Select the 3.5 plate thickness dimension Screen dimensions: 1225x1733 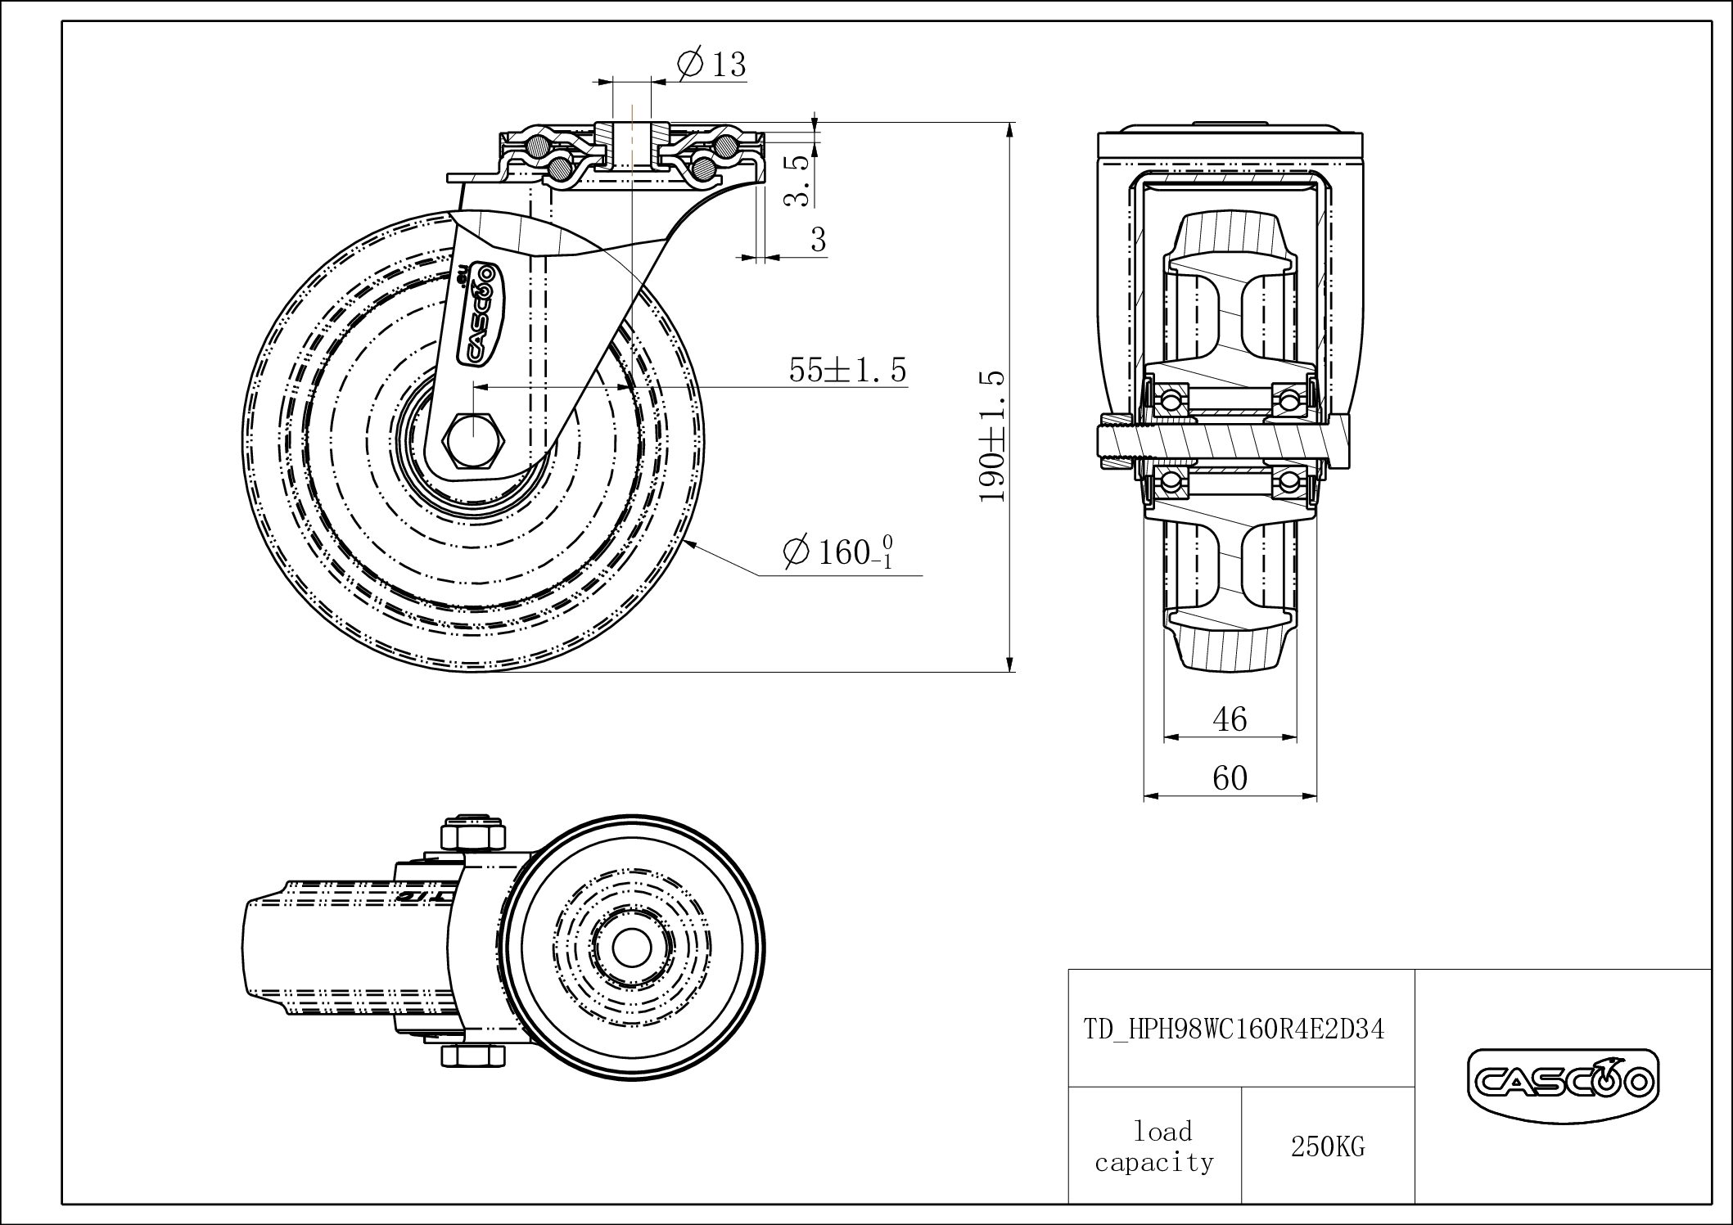pyautogui.click(x=798, y=181)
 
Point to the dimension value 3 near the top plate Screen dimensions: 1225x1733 pyautogui.click(x=818, y=240)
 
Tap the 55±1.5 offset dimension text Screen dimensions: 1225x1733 pyautogui.click(x=847, y=371)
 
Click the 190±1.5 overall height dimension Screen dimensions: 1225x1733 pyautogui.click(x=992, y=435)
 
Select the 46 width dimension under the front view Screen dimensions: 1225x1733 pyautogui.click(x=1230, y=719)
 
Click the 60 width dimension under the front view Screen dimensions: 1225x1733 pyautogui.click(x=1230, y=778)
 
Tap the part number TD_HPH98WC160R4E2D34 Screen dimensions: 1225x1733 pyautogui.click(x=1234, y=1029)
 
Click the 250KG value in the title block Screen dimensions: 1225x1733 pyautogui.click(x=1328, y=1147)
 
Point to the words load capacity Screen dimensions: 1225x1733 pyautogui.click(x=1155, y=1147)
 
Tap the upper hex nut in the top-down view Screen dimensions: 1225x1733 pyautogui.click(x=471, y=835)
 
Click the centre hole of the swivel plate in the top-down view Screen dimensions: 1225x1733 pyautogui.click(x=629, y=948)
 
